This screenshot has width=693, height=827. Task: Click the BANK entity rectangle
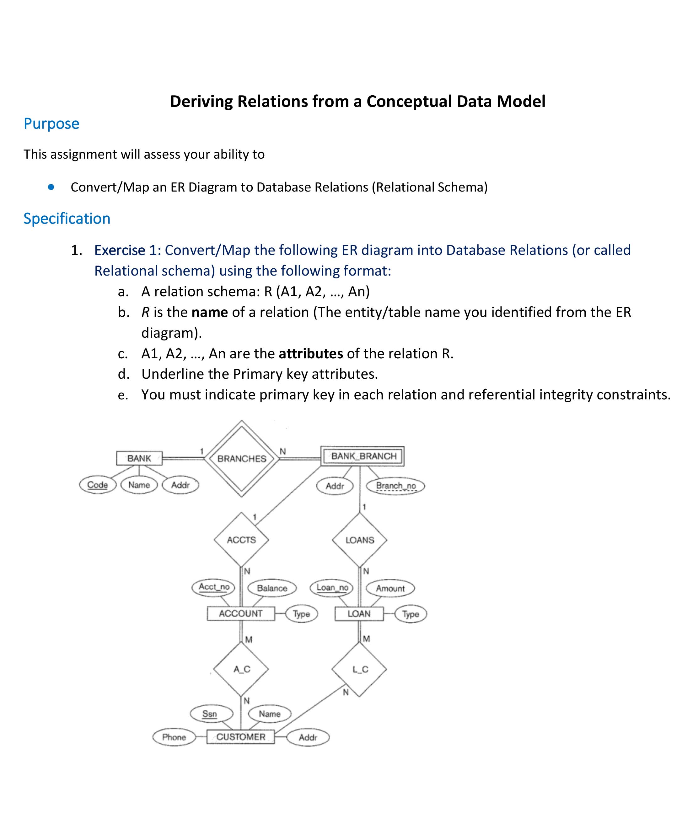point(139,458)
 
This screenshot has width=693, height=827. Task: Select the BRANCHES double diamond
point(242,458)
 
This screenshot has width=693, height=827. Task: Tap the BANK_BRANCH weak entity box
point(363,456)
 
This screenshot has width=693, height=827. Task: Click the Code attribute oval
point(97,485)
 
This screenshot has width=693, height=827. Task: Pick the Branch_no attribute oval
point(395,486)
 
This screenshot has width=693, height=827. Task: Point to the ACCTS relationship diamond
point(241,540)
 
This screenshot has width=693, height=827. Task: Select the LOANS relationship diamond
point(359,540)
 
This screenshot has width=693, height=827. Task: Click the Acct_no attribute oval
point(214,587)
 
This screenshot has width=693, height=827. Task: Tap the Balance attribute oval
point(272,588)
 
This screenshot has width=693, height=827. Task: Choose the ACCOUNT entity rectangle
point(241,614)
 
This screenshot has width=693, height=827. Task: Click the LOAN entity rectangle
point(359,614)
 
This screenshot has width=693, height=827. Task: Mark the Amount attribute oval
point(390,588)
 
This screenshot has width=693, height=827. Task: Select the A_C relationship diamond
point(241,669)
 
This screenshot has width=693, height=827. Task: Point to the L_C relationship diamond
point(359,669)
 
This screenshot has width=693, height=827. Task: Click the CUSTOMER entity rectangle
point(240,737)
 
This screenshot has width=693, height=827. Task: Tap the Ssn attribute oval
point(210,714)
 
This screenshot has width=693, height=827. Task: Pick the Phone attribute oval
point(174,737)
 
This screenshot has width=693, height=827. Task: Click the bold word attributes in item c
point(311,354)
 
